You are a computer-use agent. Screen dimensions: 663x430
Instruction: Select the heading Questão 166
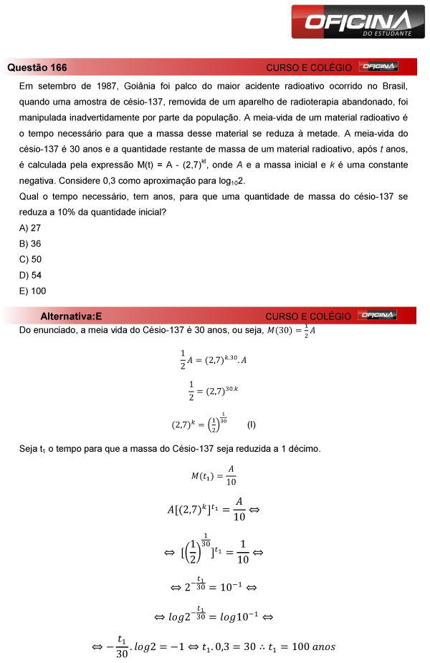pos(37,67)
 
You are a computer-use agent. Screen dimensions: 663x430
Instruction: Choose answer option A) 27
pos(30,228)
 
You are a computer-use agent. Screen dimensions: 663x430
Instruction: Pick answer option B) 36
pos(30,243)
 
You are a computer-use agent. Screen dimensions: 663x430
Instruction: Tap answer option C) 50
pos(30,259)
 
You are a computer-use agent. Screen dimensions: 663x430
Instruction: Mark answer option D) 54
pos(30,275)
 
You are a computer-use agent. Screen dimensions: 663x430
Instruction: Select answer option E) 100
pos(32,291)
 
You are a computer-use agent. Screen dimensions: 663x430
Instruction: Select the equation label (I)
pos(251,425)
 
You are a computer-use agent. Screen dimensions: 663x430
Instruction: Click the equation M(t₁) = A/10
pos(213,475)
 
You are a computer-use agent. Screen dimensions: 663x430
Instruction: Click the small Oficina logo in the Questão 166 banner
pos(378,67)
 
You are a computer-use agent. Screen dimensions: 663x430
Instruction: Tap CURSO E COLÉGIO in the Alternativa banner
pos(308,316)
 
